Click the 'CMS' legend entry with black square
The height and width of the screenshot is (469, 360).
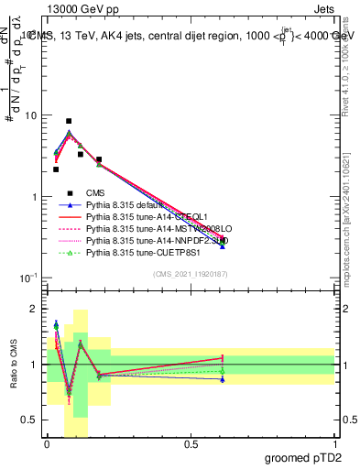click(x=96, y=192)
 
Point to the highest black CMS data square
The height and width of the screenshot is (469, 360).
click(x=69, y=121)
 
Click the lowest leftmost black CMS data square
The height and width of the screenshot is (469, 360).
click(x=56, y=169)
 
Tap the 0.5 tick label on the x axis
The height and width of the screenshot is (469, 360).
click(x=191, y=444)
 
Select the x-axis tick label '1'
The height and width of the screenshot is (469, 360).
click(x=334, y=444)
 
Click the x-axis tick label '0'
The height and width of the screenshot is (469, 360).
click(x=47, y=444)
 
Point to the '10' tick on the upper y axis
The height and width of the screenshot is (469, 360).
click(x=30, y=116)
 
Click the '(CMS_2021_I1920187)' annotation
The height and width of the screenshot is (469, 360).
click(x=191, y=274)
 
